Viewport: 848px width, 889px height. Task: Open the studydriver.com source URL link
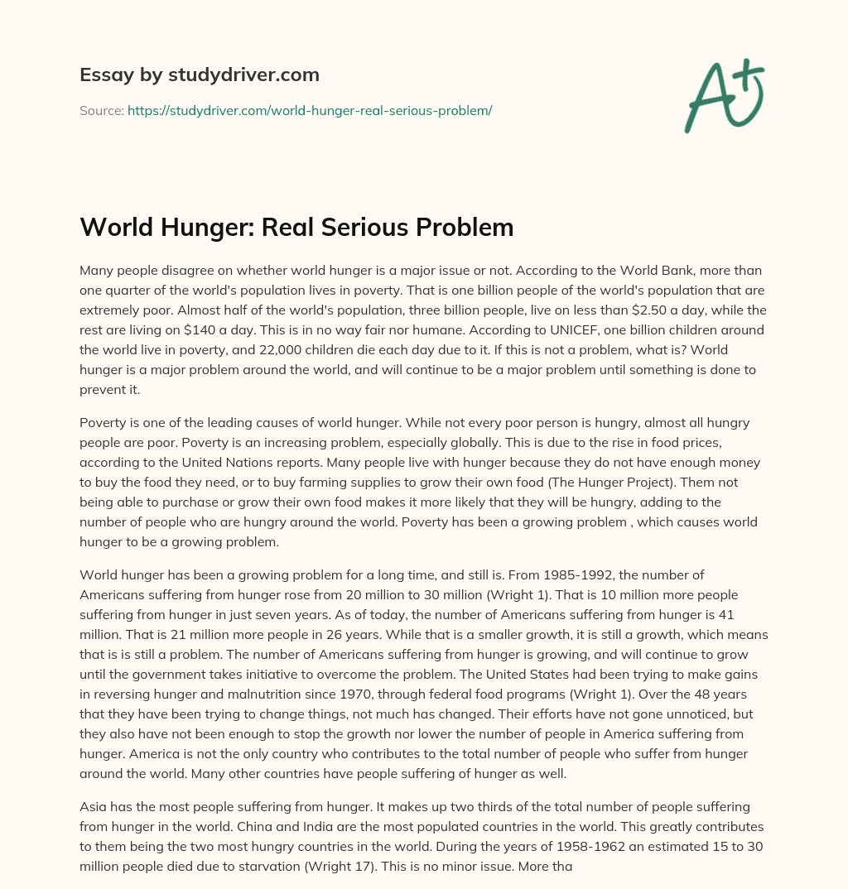point(310,110)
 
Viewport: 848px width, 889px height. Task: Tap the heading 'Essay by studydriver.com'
point(200,75)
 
